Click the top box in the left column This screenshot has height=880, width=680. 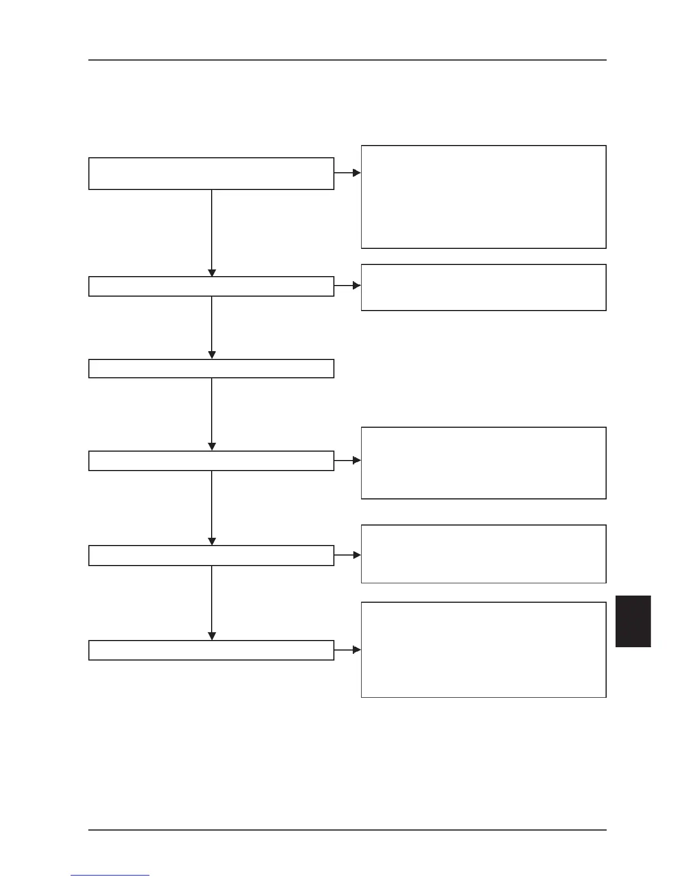click(x=211, y=173)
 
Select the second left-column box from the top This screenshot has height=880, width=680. click(x=211, y=286)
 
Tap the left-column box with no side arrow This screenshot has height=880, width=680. click(x=211, y=369)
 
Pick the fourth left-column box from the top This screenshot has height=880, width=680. click(x=211, y=461)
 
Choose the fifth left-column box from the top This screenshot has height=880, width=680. click(x=211, y=556)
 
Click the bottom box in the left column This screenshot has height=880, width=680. click(x=211, y=650)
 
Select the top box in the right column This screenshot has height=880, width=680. click(x=483, y=197)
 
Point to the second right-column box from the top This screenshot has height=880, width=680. click(x=483, y=287)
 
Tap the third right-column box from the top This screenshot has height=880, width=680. click(x=483, y=463)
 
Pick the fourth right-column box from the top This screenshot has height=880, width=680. click(x=483, y=554)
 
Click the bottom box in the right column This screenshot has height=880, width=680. click(x=483, y=649)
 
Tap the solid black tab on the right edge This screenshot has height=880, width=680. click(x=633, y=621)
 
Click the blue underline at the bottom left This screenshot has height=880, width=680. click(x=110, y=875)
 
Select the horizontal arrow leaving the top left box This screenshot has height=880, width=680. click(x=348, y=173)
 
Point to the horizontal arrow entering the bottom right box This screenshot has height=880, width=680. click(x=348, y=649)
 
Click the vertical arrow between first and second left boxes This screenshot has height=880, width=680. click(x=212, y=233)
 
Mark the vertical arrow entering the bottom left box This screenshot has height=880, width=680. click(x=212, y=603)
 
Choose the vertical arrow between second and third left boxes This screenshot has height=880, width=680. click(x=212, y=328)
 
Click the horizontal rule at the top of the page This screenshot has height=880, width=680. click(x=347, y=60)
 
